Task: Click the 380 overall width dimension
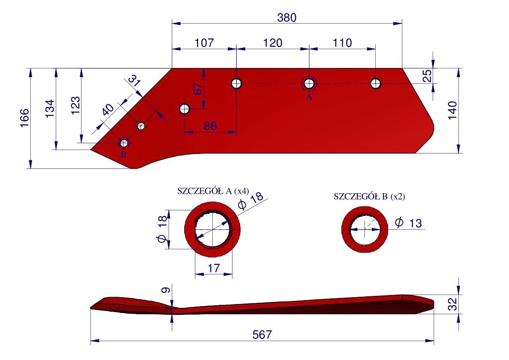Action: [287, 18]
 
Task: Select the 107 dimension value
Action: [204, 43]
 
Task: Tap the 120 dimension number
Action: [272, 43]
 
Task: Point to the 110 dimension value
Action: [342, 43]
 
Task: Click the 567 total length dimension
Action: [262, 334]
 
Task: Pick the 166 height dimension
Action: [25, 118]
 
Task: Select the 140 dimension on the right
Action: [452, 110]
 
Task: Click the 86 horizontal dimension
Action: [210, 126]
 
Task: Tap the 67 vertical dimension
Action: [197, 89]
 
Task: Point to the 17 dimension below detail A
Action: [214, 268]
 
